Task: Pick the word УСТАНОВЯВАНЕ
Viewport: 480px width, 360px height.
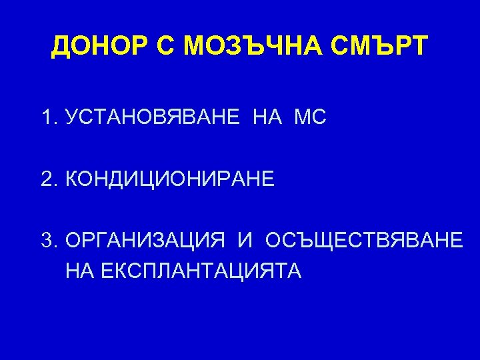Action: coord(153,119)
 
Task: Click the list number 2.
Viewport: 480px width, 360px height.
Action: coord(46,179)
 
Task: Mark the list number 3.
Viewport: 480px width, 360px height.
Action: coord(46,239)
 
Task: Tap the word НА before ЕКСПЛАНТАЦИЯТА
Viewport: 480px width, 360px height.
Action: coord(79,271)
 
